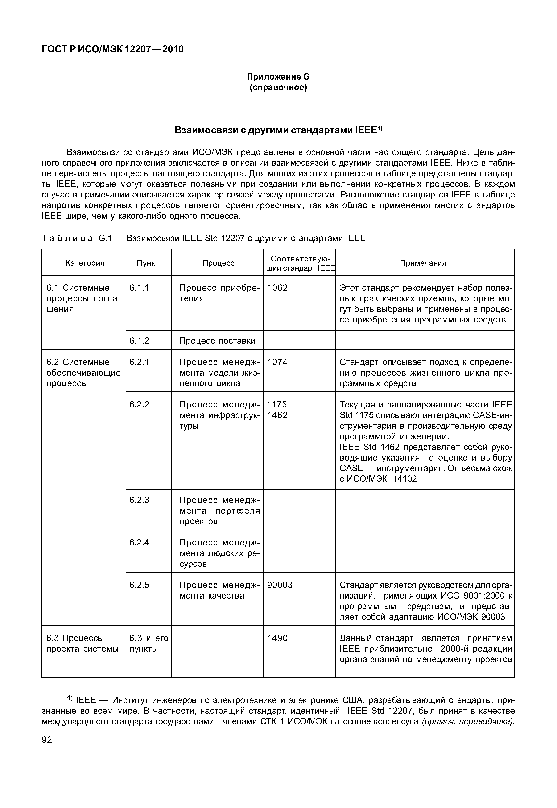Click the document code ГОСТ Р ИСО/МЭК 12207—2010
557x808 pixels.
[112, 49]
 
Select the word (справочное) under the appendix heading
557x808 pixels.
[278, 87]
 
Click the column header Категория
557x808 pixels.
[85, 263]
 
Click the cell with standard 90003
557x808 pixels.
[280, 585]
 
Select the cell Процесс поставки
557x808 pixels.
[217, 341]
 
